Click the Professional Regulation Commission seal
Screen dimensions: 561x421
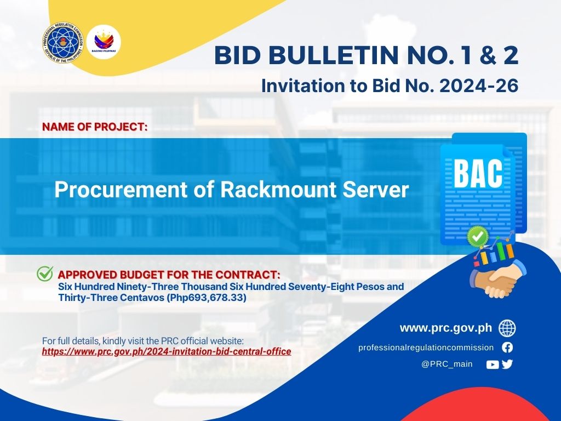[x=62, y=43]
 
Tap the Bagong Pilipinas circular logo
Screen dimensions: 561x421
[x=104, y=42]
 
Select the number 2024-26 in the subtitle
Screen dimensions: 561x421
[x=479, y=86]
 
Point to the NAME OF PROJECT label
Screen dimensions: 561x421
[x=95, y=127]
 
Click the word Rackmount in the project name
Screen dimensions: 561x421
[x=278, y=190]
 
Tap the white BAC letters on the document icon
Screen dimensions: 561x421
[x=478, y=174]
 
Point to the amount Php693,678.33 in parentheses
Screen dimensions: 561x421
[x=207, y=298]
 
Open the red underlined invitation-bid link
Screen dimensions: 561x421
[x=167, y=351]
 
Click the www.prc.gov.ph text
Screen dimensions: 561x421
[x=446, y=328]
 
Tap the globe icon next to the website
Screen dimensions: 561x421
[x=507, y=328]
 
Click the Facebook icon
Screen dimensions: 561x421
[x=507, y=347]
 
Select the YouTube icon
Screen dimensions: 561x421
[x=493, y=365]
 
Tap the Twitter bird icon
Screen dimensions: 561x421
[x=507, y=364]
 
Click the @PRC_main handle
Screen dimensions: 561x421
[x=447, y=364]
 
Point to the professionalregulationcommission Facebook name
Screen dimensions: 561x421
[x=426, y=348]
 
